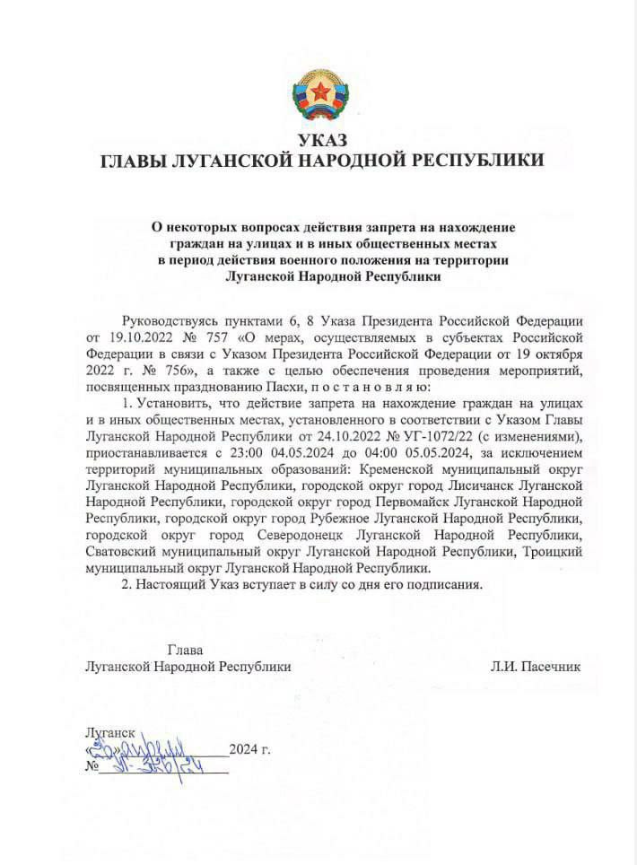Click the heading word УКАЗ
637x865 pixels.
coord(321,139)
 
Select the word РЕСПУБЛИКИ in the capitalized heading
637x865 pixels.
coord(477,161)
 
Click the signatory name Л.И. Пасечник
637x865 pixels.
coord(537,667)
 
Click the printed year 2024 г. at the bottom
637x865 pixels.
coord(249,749)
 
